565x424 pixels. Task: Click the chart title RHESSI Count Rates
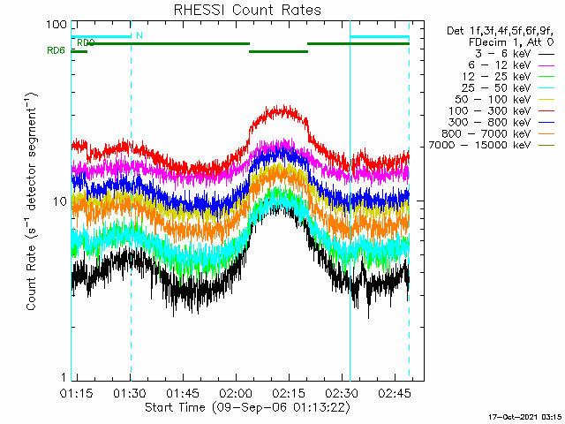click(x=247, y=10)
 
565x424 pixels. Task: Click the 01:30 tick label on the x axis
click(x=130, y=392)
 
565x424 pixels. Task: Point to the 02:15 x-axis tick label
click(x=289, y=392)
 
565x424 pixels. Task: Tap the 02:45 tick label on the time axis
click(x=395, y=392)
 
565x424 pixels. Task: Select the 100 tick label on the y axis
click(x=56, y=25)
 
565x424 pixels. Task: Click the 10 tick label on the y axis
click(x=60, y=201)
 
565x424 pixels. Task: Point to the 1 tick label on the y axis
click(x=64, y=377)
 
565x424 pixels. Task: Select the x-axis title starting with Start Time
click(x=247, y=408)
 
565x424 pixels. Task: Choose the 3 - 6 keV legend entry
click(x=515, y=54)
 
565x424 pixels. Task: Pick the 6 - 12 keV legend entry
click(x=511, y=65)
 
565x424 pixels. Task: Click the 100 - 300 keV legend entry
click(x=501, y=111)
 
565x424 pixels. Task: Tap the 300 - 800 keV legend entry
click(x=501, y=123)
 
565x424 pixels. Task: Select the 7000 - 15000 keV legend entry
click(x=492, y=145)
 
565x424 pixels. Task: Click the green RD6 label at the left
click(x=56, y=50)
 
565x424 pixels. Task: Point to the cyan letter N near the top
click(x=139, y=35)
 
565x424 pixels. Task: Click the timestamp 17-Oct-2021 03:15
click(x=525, y=417)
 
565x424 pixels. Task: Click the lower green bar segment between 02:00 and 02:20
click(x=279, y=51)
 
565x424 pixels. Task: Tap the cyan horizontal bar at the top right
click(x=380, y=37)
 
